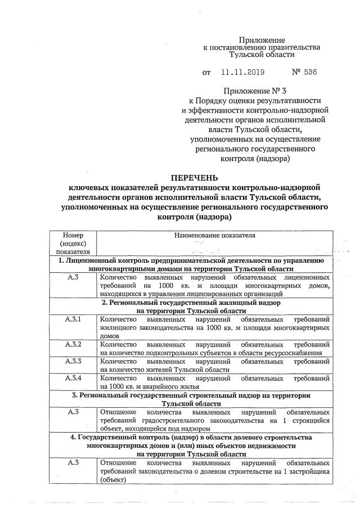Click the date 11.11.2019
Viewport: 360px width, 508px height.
point(242,73)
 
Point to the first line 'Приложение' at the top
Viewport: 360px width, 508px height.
point(262,41)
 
